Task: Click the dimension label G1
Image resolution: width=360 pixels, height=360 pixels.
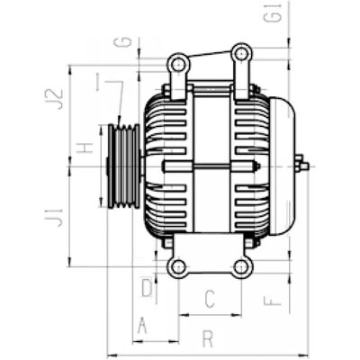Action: click(274, 13)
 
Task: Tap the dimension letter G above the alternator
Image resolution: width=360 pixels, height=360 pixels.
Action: click(123, 41)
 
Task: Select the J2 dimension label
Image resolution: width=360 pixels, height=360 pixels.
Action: click(54, 99)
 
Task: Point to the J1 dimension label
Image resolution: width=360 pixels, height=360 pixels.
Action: click(54, 218)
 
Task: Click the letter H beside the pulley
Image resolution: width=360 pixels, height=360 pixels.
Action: click(85, 148)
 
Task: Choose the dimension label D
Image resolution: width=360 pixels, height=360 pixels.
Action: click(147, 288)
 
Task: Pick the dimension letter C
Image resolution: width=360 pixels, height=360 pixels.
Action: click(210, 299)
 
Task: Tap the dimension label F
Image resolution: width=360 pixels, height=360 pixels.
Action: click(272, 301)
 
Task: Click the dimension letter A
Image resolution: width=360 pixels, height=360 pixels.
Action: click(142, 326)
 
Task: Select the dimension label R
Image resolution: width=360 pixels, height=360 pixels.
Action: click(208, 339)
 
